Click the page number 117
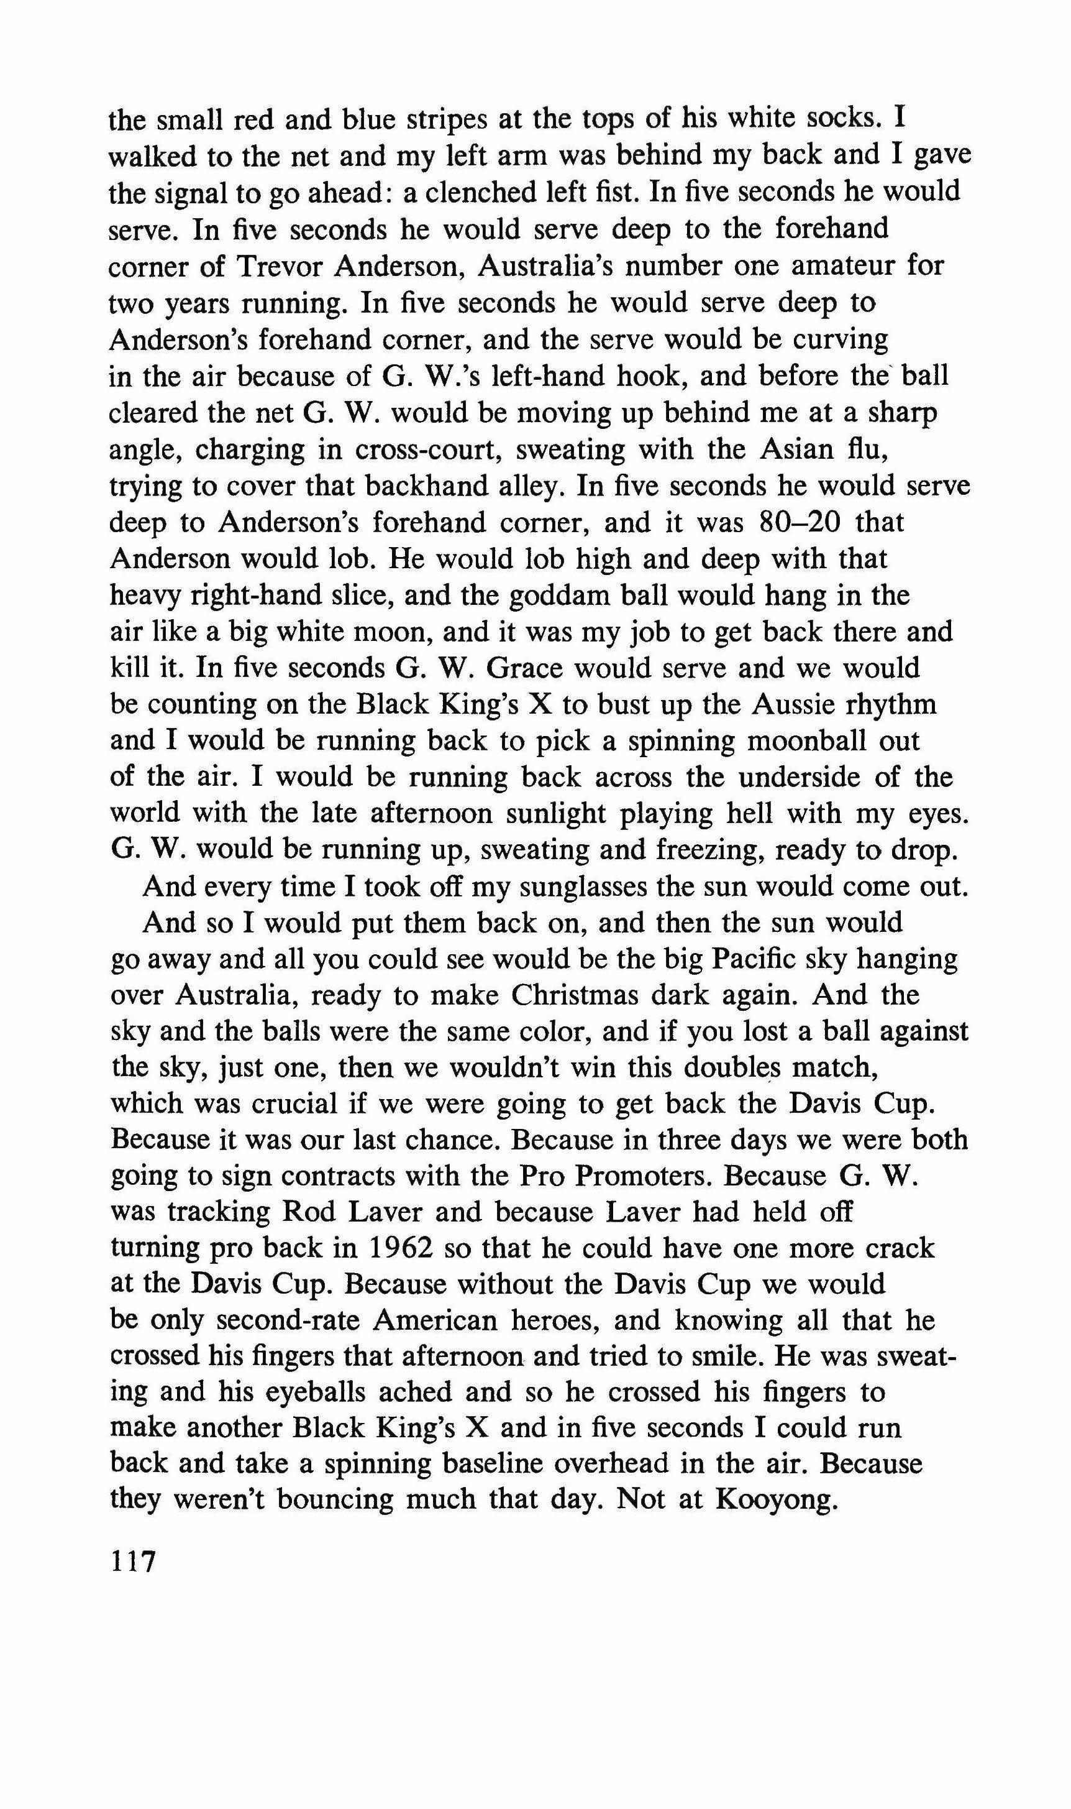pyautogui.click(x=133, y=1563)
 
